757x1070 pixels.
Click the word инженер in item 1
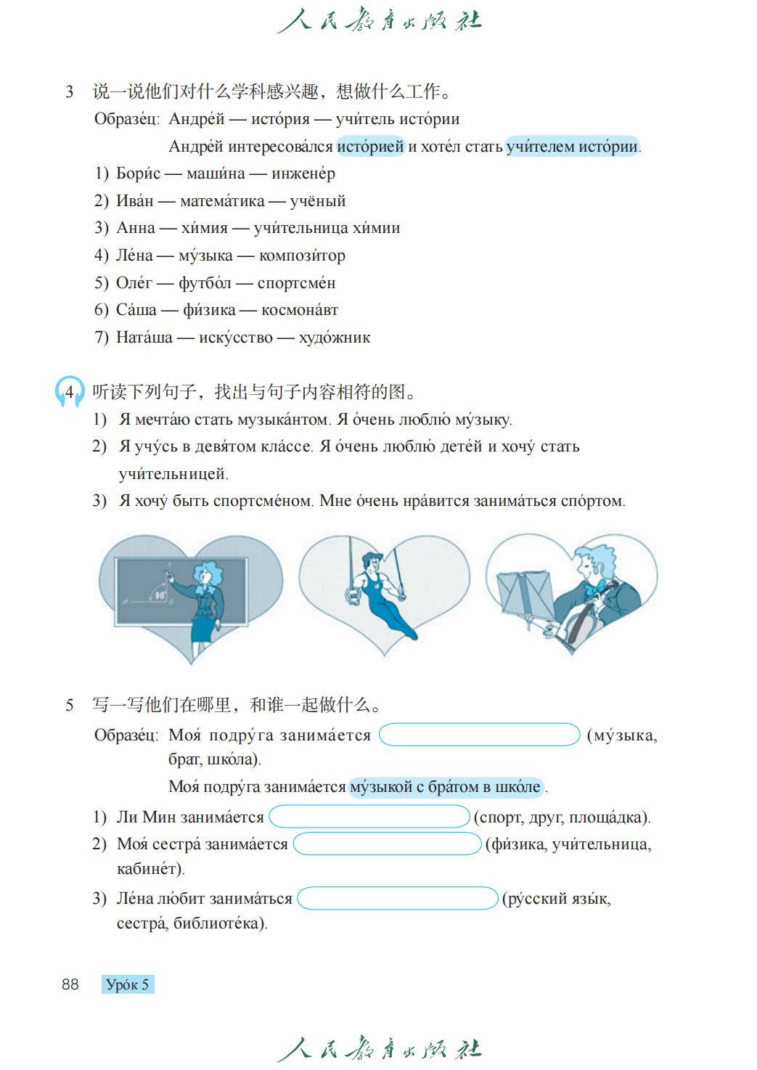pyautogui.click(x=303, y=173)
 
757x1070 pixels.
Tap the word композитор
pyautogui.click(x=302, y=256)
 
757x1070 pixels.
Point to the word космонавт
pyautogui.click(x=300, y=310)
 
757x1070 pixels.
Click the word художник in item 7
pyautogui.click(x=335, y=338)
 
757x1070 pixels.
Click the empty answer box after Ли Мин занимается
pyautogui.click(x=369, y=817)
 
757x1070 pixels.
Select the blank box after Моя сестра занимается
pyautogui.click(x=387, y=844)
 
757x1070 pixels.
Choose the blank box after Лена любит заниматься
pyautogui.click(x=398, y=899)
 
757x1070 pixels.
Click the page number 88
pyautogui.click(x=70, y=985)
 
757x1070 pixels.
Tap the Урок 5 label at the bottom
pyautogui.click(x=128, y=985)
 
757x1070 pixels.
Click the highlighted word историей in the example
pyautogui.click(x=370, y=147)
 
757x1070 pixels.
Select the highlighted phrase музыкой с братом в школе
pyautogui.click(x=446, y=787)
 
